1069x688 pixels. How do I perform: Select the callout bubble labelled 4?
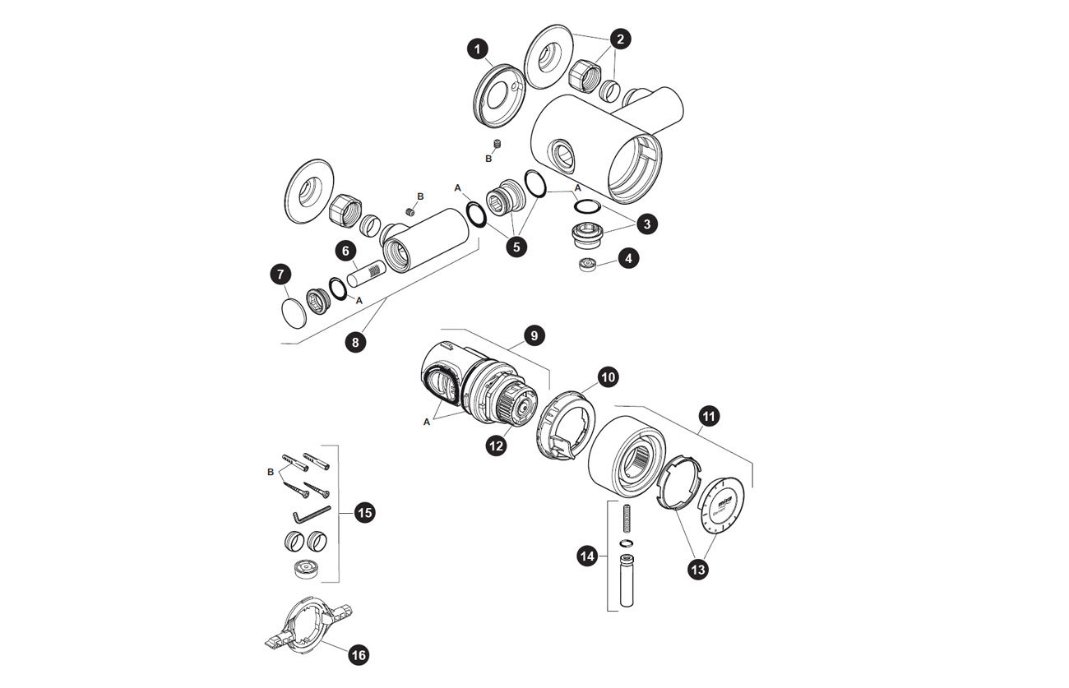click(628, 258)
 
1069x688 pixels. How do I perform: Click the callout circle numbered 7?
click(280, 275)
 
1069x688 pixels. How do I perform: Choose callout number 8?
click(355, 342)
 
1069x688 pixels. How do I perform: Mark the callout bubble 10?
click(608, 377)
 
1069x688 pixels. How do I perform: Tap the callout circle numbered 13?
click(697, 568)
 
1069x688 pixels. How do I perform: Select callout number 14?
click(587, 556)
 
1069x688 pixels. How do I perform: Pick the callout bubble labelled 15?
click(364, 513)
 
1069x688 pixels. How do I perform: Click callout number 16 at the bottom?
click(359, 655)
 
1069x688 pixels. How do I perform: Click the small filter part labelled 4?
click(588, 266)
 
